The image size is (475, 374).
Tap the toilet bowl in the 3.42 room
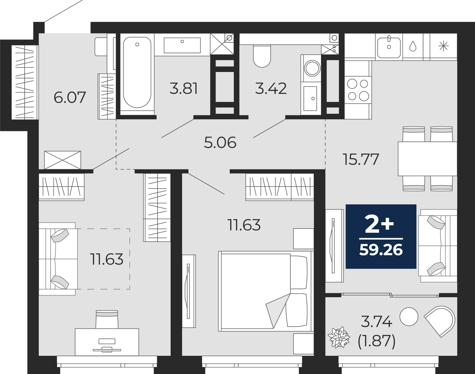point(262,56)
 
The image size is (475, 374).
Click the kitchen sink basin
point(389,48)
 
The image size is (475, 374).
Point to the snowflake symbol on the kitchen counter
point(443,47)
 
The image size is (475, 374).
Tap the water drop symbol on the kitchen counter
point(413,47)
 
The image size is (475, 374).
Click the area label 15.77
point(361,159)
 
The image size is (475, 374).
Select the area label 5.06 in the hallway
point(220,142)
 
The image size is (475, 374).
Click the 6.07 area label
point(70,98)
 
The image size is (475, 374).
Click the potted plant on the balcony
point(339,337)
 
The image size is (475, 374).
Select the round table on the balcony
point(409,317)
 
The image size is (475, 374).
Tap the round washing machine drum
point(312,68)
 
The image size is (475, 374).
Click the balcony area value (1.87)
point(377,342)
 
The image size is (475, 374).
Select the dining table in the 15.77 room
point(427,159)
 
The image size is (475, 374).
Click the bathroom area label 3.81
point(183,88)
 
